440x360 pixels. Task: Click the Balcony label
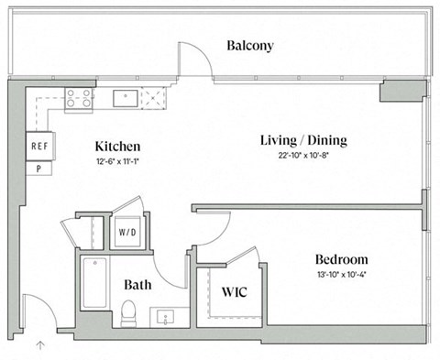(x=250, y=46)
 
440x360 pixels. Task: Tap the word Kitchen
(x=117, y=147)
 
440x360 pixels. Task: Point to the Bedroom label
(x=341, y=259)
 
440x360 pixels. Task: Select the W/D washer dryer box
(x=126, y=233)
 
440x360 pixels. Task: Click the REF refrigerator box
(x=39, y=146)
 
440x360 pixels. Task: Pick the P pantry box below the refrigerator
(x=39, y=168)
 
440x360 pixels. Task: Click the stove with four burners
(x=79, y=98)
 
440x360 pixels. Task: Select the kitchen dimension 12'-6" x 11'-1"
(x=117, y=161)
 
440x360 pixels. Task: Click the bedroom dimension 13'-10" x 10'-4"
(x=341, y=274)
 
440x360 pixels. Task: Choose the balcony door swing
(x=193, y=60)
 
